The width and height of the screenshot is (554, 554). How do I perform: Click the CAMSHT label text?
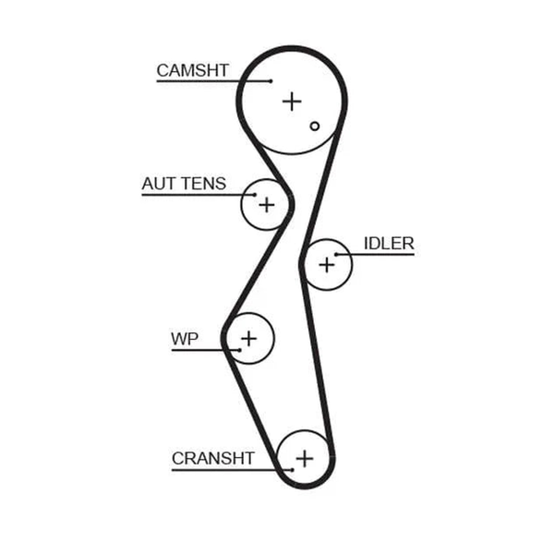tap(193, 70)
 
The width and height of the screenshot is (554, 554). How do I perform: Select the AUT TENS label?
tap(184, 184)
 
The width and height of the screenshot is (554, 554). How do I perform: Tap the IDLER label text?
tap(389, 244)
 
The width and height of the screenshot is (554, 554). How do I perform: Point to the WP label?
tap(185, 339)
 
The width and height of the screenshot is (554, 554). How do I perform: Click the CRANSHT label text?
tap(213, 458)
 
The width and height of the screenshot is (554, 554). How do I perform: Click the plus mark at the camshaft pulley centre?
tap(292, 102)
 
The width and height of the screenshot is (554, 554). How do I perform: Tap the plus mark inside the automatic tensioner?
tap(267, 205)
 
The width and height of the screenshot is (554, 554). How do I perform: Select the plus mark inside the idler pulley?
tap(327, 265)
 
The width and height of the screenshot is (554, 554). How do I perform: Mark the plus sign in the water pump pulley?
tap(249, 339)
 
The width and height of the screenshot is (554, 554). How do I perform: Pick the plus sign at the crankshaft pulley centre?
tap(305, 459)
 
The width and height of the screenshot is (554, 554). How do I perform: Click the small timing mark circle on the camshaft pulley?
tap(315, 126)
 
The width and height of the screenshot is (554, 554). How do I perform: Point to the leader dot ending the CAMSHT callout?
tap(271, 81)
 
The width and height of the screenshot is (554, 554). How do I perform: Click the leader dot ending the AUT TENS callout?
tap(255, 194)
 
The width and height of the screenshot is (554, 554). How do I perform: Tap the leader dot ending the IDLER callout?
tap(336, 255)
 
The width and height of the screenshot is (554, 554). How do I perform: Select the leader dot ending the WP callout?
tap(240, 350)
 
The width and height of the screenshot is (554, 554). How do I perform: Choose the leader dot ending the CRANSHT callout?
tap(292, 470)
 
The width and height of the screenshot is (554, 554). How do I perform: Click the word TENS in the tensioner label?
tap(203, 184)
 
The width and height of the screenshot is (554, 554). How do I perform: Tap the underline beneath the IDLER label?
tap(375, 255)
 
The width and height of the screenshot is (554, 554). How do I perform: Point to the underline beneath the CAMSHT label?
tap(214, 81)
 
